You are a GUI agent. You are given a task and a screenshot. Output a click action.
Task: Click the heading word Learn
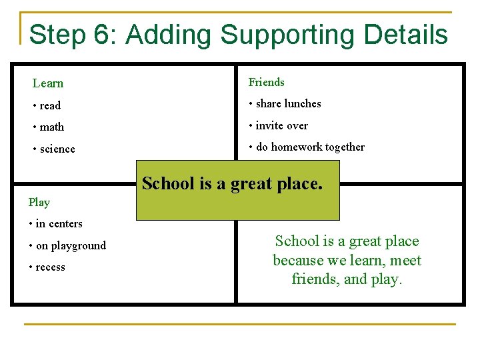[x=48, y=83]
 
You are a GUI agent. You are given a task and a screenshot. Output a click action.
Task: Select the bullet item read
[x=50, y=105]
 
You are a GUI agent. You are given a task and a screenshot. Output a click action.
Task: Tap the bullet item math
[x=52, y=127]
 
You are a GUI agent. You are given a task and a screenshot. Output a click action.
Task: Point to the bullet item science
[x=57, y=149]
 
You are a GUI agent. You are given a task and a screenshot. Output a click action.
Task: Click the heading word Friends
[x=267, y=82]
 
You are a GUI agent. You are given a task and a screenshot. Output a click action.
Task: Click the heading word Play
[x=39, y=201]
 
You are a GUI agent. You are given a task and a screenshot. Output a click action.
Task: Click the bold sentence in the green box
[x=232, y=183]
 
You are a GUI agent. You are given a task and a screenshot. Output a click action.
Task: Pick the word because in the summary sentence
[x=299, y=260]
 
